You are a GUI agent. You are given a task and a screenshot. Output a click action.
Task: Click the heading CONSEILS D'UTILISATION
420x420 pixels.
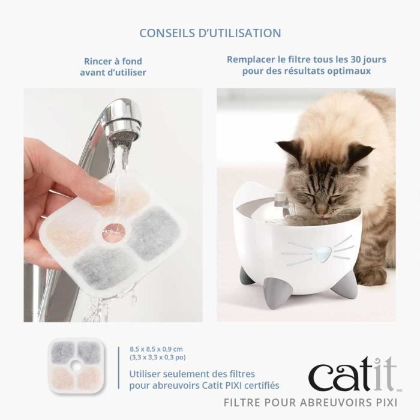(210, 32)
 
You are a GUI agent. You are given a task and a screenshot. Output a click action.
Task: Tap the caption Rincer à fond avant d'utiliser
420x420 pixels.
(113, 67)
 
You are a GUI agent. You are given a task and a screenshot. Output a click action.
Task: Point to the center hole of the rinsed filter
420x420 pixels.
(112, 229)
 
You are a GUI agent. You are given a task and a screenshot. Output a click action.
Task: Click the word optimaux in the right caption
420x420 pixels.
(349, 71)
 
